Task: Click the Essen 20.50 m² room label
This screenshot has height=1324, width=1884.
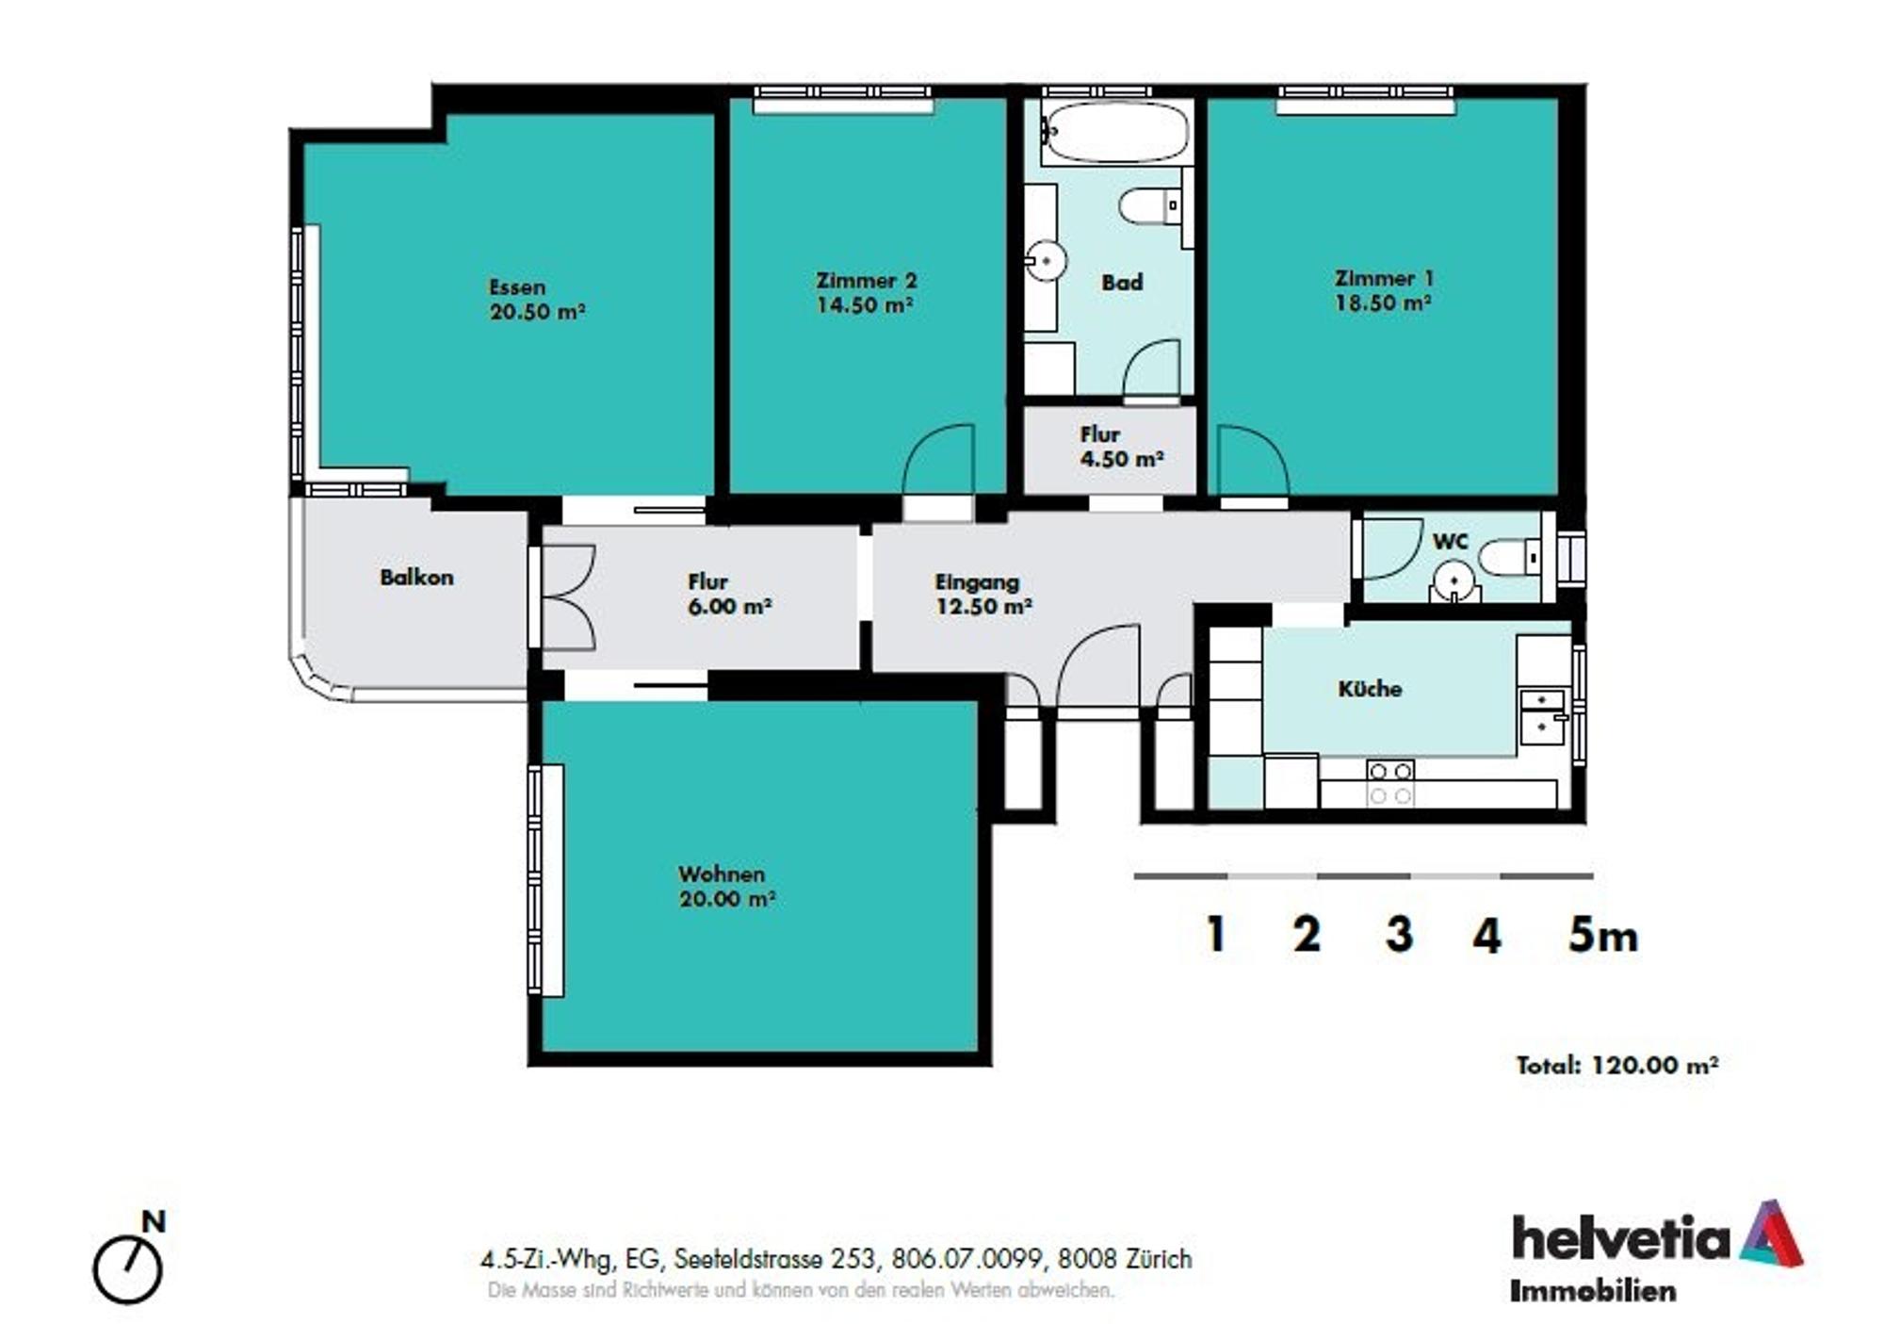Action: click(537, 300)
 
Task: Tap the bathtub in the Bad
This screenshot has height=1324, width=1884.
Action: click(1116, 132)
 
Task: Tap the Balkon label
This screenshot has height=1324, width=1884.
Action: click(416, 577)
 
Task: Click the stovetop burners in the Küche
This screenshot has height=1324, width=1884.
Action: click(1390, 783)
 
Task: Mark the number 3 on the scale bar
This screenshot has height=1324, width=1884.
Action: click(1399, 935)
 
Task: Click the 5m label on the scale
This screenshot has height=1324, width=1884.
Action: click(1602, 935)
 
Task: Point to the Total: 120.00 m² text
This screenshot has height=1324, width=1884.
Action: click(1616, 1065)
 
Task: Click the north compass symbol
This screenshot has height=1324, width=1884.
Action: click(128, 1268)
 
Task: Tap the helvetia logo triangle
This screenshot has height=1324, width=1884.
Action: click(1770, 1234)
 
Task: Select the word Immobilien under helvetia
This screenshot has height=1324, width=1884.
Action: click(1593, 1291)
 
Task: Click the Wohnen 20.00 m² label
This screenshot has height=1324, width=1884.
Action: click(726, 887)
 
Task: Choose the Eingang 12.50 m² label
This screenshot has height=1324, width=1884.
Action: click(983, 594)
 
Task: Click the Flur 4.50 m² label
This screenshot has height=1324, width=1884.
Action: click(1120, 447)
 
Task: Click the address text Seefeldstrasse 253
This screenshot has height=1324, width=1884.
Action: click(777, 1259)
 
